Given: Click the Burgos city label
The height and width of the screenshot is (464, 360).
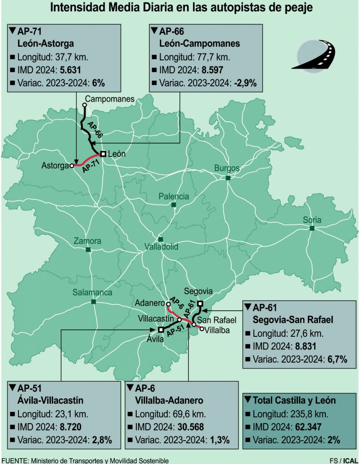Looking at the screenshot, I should tap(227, 168).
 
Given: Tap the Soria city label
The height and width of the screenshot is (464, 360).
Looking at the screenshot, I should tap(312, 220).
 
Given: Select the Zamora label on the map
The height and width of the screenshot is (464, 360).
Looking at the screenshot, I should tap(87, 241).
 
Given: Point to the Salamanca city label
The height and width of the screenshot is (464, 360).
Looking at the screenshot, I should tap(93, 292).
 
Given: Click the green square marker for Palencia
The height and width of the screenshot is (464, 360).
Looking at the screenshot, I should tap(174, 205).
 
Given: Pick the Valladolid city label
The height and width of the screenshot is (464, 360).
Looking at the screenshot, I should tap(161, 247).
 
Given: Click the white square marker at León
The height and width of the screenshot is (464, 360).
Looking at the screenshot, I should tap(103, 154).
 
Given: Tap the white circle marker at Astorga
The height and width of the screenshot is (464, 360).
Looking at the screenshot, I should tap(72, 165).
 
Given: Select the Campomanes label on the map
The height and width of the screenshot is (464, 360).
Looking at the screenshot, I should tap(109, 98).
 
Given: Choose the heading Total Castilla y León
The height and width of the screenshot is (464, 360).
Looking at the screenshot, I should tap(294, 400).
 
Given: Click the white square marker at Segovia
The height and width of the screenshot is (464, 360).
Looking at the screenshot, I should tap(200, 303).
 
